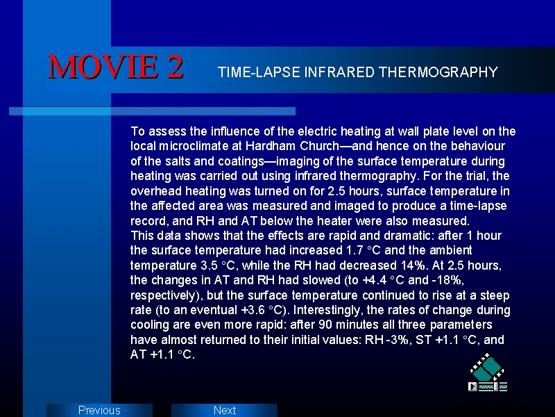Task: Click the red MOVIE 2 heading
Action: [x=116, y=67]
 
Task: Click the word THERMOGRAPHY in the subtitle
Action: [x=438, y=72]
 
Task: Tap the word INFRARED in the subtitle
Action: [x=339, y=72]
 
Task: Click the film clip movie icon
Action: [x=488, y=372]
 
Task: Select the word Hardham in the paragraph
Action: [x=271, y=146]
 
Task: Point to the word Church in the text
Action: [x=320, y=146]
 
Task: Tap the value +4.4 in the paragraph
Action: [x=375, y=280]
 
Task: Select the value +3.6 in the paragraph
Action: [x=253, y=310]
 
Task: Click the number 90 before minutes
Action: [x=325, y=325]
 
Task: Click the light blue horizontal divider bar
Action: [x=152, y=111]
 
